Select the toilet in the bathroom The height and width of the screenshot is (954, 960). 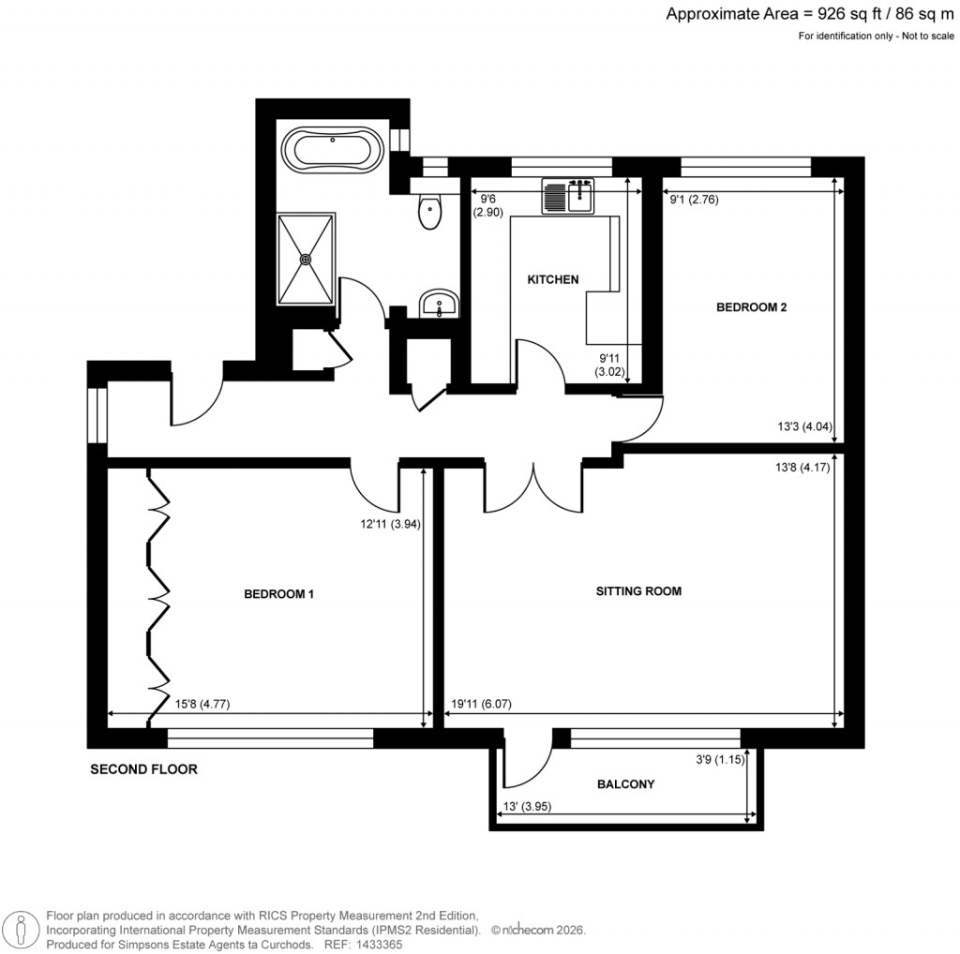pyautogui.click(x=429, y=212)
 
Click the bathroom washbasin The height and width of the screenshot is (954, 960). pyautogui.click(x=438, y=303)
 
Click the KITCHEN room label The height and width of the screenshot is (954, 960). pyautogui.click(x=553, y=279)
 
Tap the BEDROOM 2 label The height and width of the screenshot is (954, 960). pyautogui.click(x=751, y=306)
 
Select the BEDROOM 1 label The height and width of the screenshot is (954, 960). pyautogui.click(x=278, y=594)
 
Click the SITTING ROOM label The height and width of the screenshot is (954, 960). pyautogui.click(x=638, y=591)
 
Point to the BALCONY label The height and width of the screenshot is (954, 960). pyautogui.click(x=625, y=784)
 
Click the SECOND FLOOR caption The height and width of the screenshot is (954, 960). pyautogui.click(x=143, y=770)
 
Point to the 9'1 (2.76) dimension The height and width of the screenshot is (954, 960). pyautogui.click(x=693, y=199)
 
